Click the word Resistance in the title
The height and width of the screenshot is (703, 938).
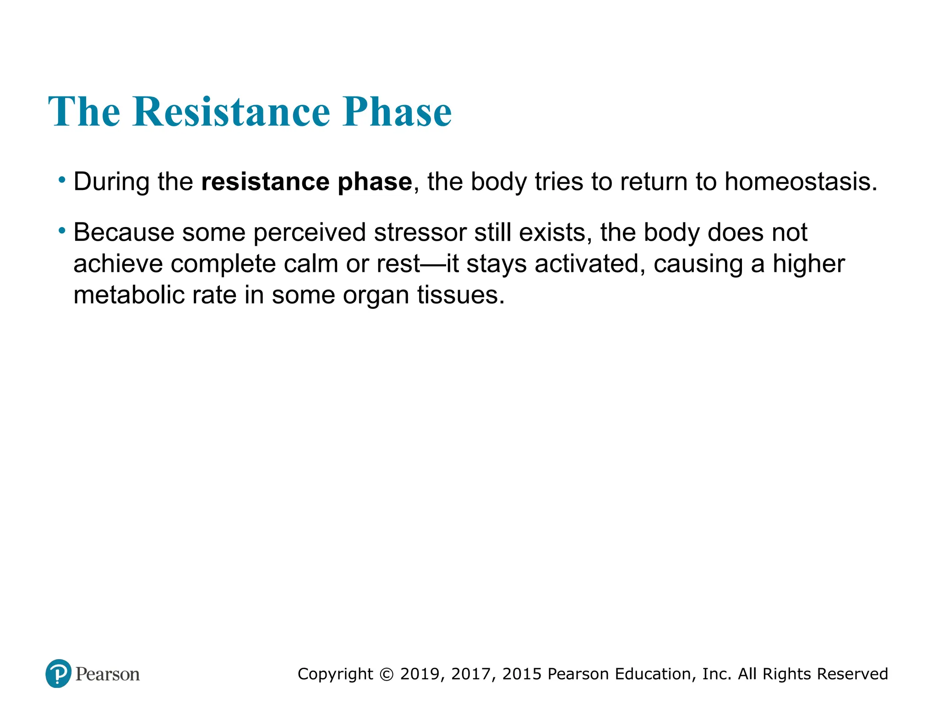pyautogui.click(x=231, y=112)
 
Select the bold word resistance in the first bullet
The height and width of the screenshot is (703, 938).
pyautogui.click(x=265, y=182)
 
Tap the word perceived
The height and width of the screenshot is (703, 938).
pyautogui.click(x=309, y=233)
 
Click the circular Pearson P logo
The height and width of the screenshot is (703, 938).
pyautogui.click(x=59, y=673)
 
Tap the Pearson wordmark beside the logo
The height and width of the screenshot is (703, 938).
pyautogui.click(x=108, y=674)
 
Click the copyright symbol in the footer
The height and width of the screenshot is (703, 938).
pyautogui.click(x=387, y=674)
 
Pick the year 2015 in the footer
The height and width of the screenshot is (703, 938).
pyautogui.click(x=522, y=674)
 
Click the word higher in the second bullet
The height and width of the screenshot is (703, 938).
pyautogui.click(x=809, y=264)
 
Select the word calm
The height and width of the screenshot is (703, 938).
pyautogui.click(x=311, y=264)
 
